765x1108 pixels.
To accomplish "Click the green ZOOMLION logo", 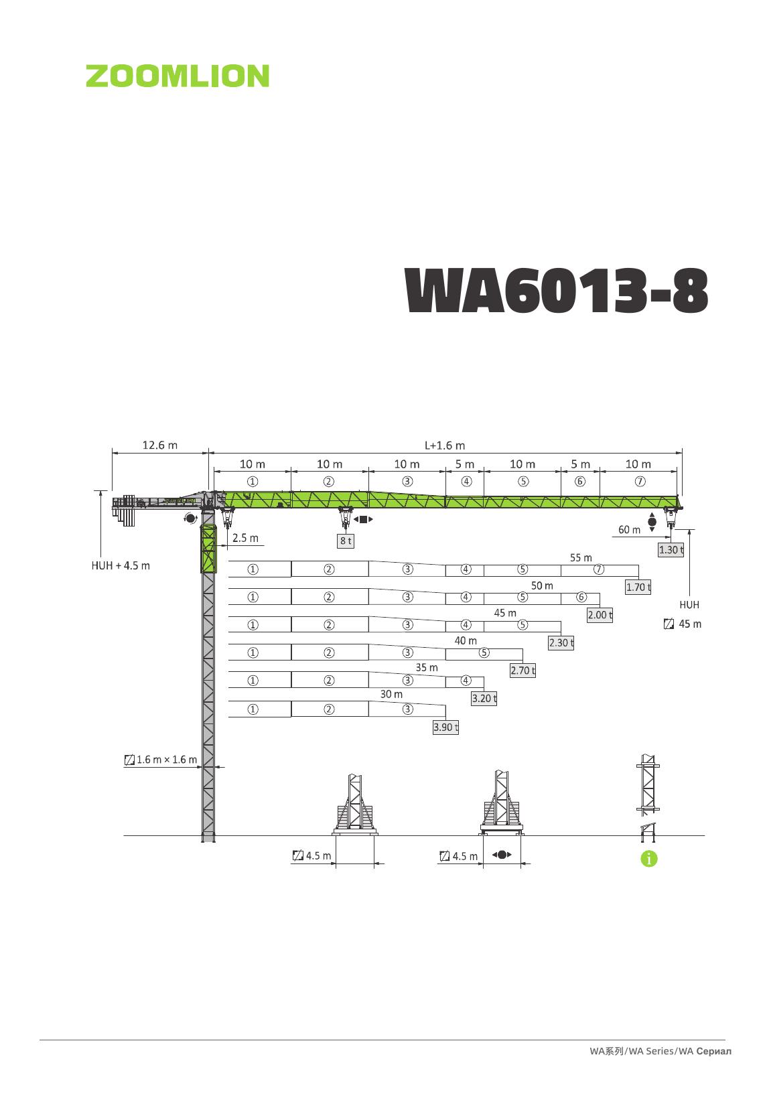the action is pyautogui.click(x=177, y=76).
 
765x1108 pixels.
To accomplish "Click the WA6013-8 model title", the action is pyautogui.click(x=556, y=290).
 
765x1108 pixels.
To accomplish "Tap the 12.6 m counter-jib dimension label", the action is pyautogui.click(x=159, y=445).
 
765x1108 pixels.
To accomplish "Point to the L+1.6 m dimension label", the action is pyautogui.click(x=445, y=445).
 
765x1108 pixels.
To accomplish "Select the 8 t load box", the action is pyautogui.click(x=346, y=541).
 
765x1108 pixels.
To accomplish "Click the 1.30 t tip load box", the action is pyautogui.click(x=671, y=549).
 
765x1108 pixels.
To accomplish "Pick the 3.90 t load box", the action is pyautogui.click(x=445, y=727).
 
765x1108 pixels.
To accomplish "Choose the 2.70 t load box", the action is pyautogui.click(x=523, y=671).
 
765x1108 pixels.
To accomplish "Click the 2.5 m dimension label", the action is pyautogui.click(x=245, y=538).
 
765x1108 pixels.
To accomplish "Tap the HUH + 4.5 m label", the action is pyautogui.click(x=121, y=565).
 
